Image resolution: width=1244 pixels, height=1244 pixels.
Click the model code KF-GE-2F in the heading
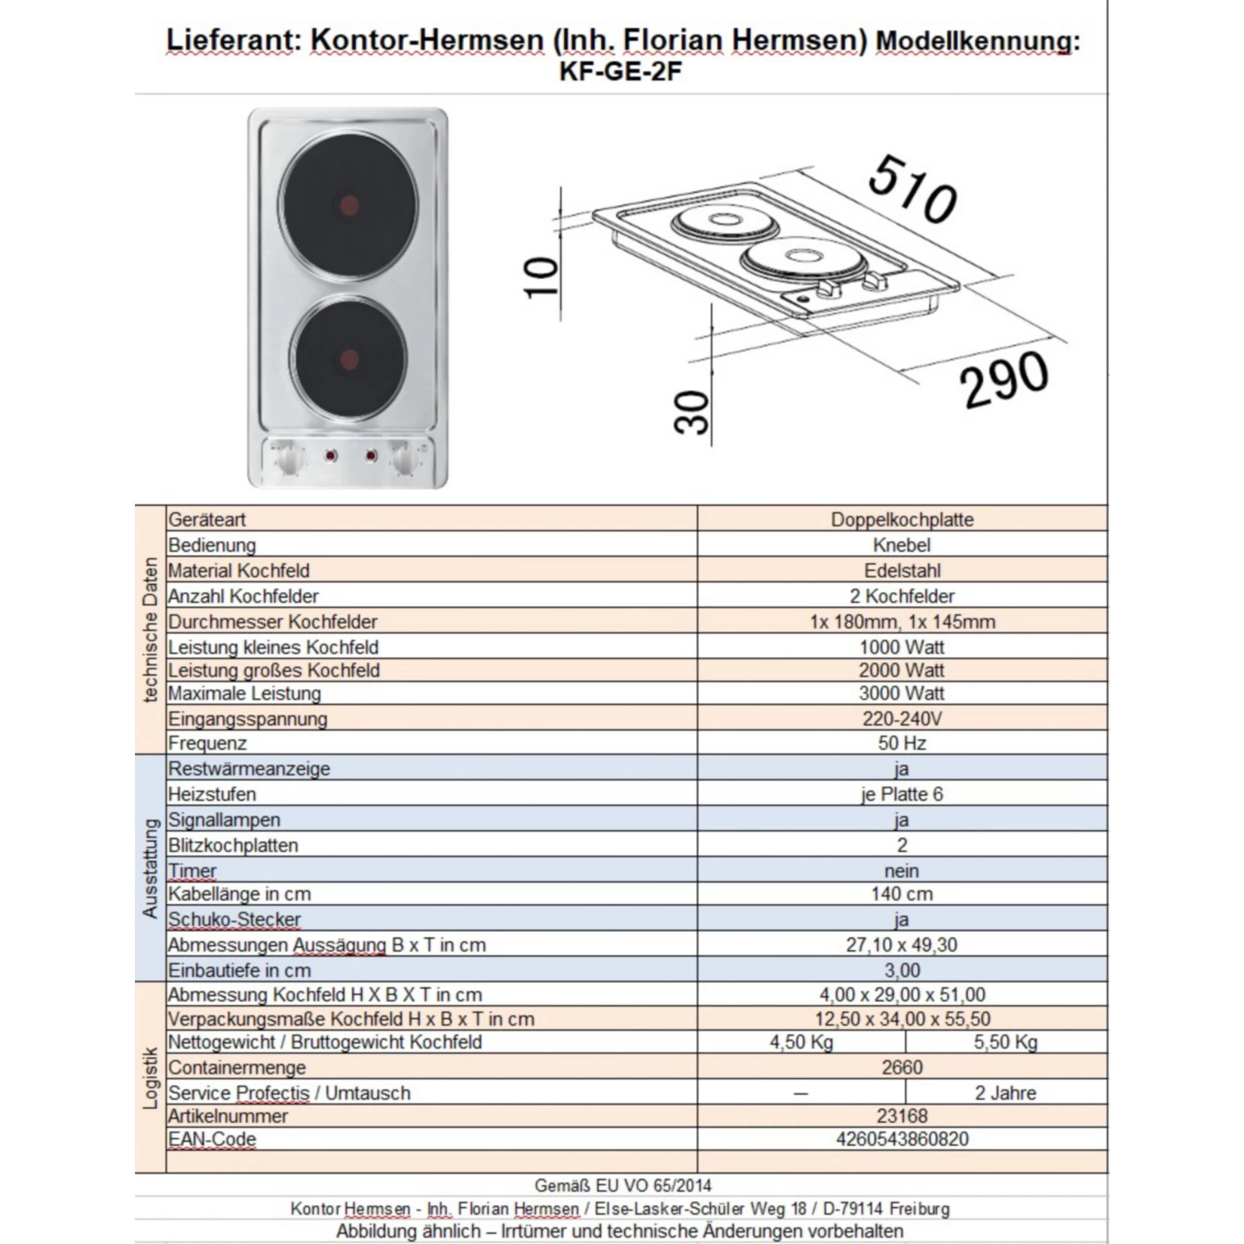(x=620, y=71)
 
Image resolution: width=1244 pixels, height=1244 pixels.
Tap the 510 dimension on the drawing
(x=912, y=189)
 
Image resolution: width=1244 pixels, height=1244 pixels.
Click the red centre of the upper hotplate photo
(x=349, y=205)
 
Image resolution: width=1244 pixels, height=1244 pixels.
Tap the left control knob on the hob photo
(x=289, y=458)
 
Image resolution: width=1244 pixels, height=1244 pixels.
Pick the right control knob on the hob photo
(x=406, y=458)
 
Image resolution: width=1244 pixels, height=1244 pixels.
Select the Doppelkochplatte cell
(x=902, y=519)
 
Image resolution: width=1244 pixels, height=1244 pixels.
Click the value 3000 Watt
(x=902, y=693)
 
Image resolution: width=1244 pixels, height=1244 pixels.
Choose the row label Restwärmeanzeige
(x=249, y=768)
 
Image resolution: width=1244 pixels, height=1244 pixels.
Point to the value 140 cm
(x=902, y=893)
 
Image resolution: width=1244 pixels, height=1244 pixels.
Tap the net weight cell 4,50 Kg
(x=801, y=1042)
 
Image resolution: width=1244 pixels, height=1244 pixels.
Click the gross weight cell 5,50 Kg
(x=1006, y=1042)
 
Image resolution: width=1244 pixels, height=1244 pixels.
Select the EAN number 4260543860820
(x=902, y=1138)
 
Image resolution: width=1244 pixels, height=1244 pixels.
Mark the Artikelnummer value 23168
(x=902, y=1115)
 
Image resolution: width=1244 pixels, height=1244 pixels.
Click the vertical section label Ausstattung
(x=150, y=868)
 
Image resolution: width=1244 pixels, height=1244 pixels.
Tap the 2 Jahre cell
(x=1006, y=1092)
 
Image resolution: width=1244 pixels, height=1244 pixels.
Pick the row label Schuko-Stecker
(x=234, y=919)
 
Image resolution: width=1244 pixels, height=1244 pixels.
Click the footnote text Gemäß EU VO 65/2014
(x=622, y=1185)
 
